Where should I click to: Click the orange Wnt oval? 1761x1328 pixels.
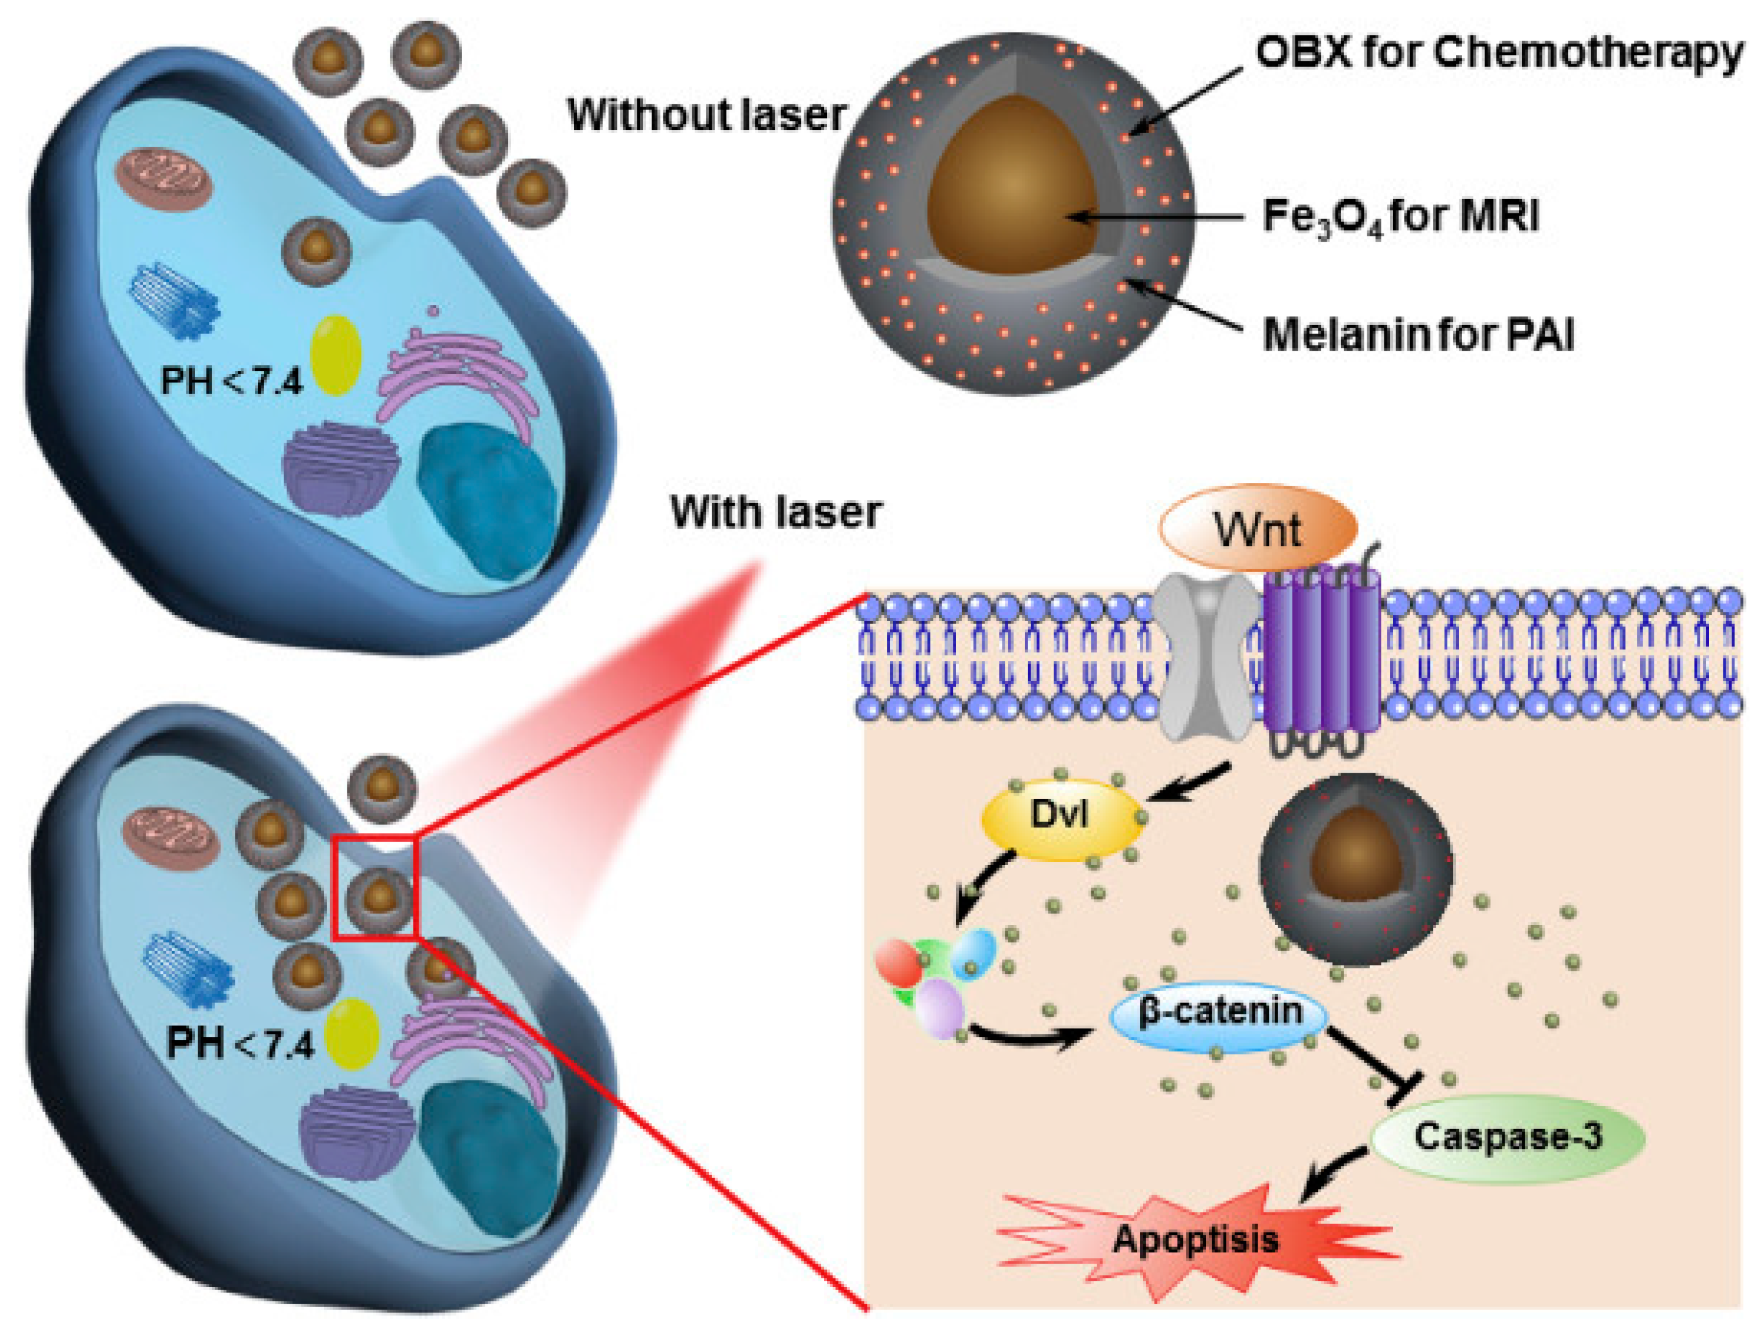1257,527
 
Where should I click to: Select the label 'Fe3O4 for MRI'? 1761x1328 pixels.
1401,216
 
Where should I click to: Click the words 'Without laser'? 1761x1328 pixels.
706,115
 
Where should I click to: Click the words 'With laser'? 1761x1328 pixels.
776,512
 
